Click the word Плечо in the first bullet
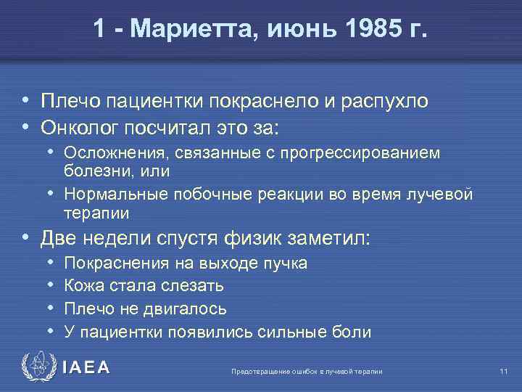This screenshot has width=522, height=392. pos(66,101)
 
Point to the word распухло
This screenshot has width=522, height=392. pos(384,101)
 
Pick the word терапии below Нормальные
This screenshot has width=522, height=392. pos(96,213)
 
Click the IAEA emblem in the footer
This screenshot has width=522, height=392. pos(38,367)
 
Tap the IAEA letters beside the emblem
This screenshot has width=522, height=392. pos(86,367)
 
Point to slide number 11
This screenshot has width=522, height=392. pos(502,372)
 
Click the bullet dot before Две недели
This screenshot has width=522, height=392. pos(26,237)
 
